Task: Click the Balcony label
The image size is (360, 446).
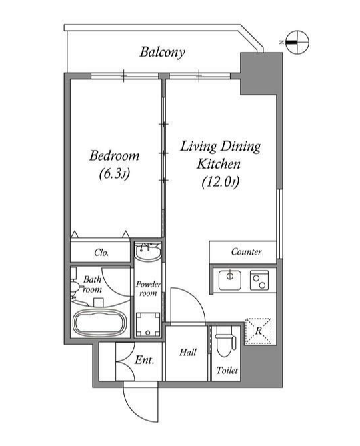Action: pos(162,53)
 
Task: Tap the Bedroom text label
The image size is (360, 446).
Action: pos(114,155)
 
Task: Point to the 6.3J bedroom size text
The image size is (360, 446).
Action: pos(114,174)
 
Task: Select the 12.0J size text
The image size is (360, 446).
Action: pos(221,182)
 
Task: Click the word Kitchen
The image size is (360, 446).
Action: pos(219,164)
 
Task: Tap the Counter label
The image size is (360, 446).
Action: pos(246,252)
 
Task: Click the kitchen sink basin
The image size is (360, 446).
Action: pos(230,280)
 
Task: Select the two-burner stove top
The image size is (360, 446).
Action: pos(259,280)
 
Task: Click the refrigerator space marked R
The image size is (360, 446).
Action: pos(258,331)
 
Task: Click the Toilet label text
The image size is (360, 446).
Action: pos(227,371)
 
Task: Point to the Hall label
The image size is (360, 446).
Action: pos(188,353)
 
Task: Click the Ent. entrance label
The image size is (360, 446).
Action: pos(144,360)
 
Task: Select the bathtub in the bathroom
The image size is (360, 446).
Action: pos(100,323)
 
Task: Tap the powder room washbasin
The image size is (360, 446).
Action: pos(147,251)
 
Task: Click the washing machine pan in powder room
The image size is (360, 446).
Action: pos(148,325)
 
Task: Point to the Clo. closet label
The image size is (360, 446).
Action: pos(101,253)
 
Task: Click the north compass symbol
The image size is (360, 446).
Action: pos(297,43)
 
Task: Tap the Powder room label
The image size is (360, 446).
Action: pos(148,289)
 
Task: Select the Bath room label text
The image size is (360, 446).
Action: pos(92,285)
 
